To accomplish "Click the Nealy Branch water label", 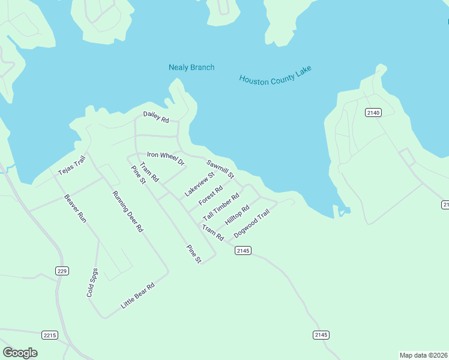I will tap(191, 67).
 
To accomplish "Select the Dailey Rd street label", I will tap(156, 116).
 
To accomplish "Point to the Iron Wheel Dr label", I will tap(166, 158).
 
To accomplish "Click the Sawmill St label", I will tap(220, 169).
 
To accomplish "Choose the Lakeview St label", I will tap(199, 184).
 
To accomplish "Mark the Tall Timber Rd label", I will tap(221, 206).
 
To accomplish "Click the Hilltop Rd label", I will tap(237, 215).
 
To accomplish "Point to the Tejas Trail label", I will tap(72, 164).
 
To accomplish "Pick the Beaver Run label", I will tap(76, 208).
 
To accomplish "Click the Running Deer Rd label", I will tap(128, 211).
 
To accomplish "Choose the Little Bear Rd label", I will tap(138, 295).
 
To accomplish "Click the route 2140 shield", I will tap(373, 112).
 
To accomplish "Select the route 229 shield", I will tap(62, 271).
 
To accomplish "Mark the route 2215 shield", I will tap(50, 335).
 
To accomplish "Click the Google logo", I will tap(20, 353).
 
